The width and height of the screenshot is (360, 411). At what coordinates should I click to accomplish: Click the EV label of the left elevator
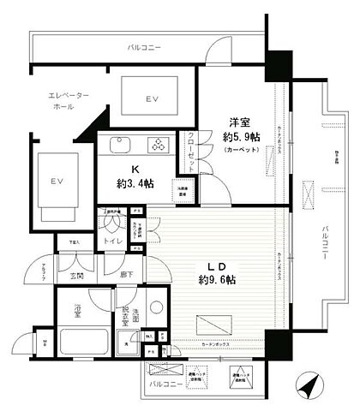click(57, 182)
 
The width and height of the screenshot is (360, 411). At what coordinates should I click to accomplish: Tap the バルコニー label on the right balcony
click(327, 231)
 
